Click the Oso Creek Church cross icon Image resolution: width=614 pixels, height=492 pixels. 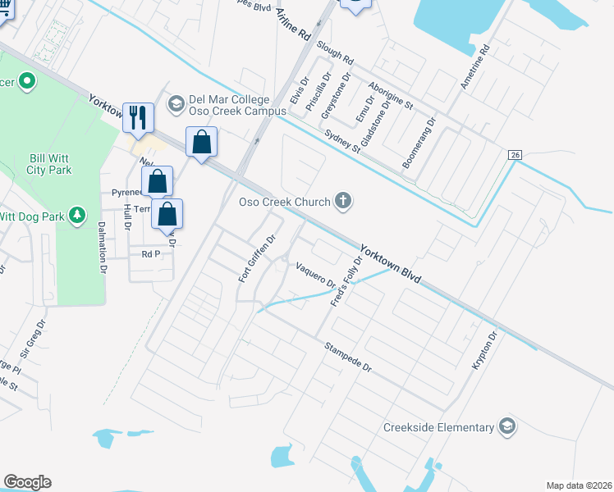[344, 201]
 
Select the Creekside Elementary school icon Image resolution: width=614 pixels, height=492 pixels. [507, 426]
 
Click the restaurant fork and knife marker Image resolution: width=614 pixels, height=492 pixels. [138, 117]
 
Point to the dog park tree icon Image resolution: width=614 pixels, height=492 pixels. [77, 215]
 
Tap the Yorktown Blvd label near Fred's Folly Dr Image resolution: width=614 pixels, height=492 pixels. [390, 264]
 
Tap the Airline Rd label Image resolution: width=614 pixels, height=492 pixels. [291, 25]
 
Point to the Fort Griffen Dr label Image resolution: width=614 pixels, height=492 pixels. [256, 258]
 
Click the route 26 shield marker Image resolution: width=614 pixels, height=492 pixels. [515, 155]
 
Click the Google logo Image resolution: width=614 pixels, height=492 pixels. [27, 482]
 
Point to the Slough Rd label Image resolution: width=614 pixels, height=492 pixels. [336, 53]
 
